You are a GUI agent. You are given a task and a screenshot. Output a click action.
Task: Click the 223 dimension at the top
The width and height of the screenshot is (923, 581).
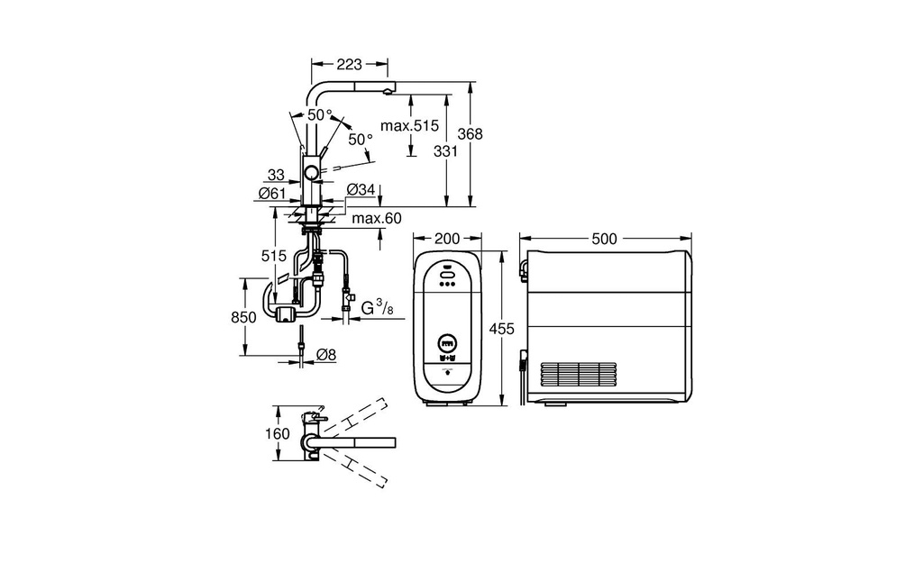click(350, 63)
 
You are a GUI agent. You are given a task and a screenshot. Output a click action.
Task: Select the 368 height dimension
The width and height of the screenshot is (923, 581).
click(470, 134)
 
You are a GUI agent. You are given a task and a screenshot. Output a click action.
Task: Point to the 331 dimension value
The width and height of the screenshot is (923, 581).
click(445, 151)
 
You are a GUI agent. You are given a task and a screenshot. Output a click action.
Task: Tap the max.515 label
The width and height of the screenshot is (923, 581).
click(410, 125)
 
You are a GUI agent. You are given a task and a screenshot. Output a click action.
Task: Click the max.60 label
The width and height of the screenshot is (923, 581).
click(377, 219)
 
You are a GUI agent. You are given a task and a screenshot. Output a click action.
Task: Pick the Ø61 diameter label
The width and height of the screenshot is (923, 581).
click(272, 194)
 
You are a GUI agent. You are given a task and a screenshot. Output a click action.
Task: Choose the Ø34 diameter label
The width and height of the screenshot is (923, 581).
click(361, 189)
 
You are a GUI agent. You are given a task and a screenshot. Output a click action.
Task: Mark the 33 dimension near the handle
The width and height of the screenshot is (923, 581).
click(276, 175)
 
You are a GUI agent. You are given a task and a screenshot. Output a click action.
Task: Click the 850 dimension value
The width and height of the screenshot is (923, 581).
click(243, 318)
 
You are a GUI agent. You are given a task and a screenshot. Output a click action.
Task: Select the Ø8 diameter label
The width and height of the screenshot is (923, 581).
click(326, 355)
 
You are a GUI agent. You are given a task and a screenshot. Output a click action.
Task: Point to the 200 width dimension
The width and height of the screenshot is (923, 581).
click(447, 239)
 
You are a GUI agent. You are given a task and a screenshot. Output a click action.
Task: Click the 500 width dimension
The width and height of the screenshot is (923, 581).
click(605, 239)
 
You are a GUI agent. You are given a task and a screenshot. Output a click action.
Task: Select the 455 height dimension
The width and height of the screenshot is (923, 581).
click(502, 329)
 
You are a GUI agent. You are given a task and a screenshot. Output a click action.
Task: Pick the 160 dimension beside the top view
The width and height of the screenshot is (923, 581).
click(278, 434)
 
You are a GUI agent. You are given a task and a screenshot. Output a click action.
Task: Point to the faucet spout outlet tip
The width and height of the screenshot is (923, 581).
click(387, 91)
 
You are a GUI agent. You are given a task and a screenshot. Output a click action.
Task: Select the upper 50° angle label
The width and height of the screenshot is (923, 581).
click(320, 114)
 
